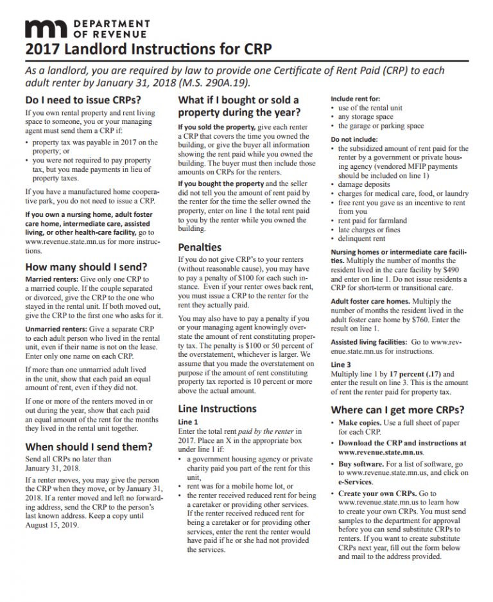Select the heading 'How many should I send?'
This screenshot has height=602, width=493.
pos(86,267)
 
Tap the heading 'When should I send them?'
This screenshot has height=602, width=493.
pos(89,447)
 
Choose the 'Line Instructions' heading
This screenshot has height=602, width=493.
pos(217,408)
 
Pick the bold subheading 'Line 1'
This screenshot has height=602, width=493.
pos(189,422)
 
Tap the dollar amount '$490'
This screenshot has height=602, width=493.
pos(452,270)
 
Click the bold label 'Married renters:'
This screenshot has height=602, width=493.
pos(51,280)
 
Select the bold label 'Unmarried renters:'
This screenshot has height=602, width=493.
pos(55,329)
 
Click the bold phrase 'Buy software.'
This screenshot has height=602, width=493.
pos(361,463)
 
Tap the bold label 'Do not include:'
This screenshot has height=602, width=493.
pos(354,139)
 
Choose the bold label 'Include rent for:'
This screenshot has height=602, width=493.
pos(355,99)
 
